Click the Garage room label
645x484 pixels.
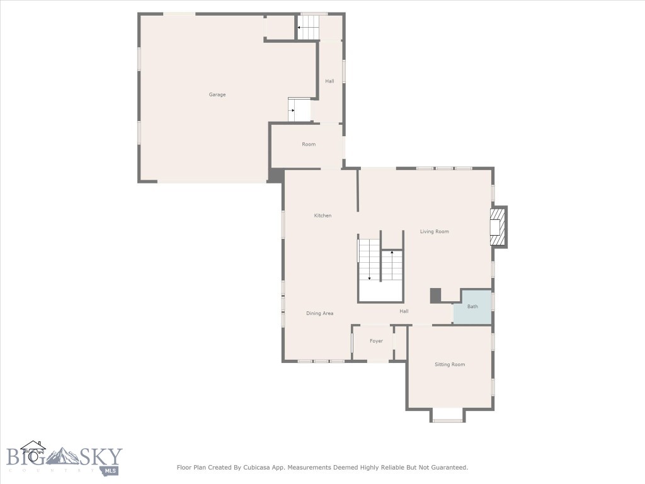click(x=217, y=95)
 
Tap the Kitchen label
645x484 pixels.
click(x=322, y=216)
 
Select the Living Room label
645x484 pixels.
click(x=435, y=231)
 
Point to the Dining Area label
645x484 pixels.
click(x=320, y=313)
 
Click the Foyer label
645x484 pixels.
click(x=376, y=341)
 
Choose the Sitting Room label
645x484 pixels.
click(x=450, y=364)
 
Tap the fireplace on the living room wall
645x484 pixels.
click(x=498, y=226)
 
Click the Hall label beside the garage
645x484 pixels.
click(x=329, y=81)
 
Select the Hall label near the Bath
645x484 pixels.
click(x=404, y=311)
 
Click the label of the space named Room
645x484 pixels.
click(x=309, y=144)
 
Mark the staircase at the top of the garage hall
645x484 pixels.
click(x=309, y=28)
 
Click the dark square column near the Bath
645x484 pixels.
click(x=435, y=295)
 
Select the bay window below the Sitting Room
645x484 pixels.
click(x=448, y=416)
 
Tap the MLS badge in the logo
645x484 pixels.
click(x=111, y=470)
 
